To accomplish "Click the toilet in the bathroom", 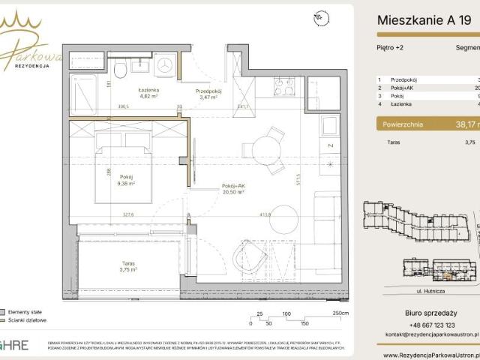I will pos(120,70).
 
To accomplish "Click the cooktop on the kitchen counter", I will pos(284,87).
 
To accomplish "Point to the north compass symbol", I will pos(320,16).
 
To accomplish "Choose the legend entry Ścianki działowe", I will pos(29,319).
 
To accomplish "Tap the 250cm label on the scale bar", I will pos(340,313).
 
